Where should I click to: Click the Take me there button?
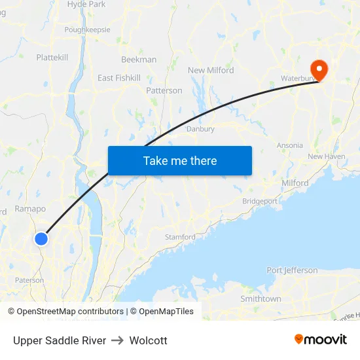180,160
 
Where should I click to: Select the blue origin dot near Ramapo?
41,239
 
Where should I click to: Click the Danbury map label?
200,129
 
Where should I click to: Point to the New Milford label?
211,71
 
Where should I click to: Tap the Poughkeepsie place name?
87,29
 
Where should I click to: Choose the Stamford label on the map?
180,237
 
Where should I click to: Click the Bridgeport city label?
260,201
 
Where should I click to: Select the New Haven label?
326,156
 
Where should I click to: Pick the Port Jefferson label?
292,270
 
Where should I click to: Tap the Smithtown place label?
261,298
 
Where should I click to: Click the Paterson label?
29,280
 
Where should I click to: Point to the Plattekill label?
52,58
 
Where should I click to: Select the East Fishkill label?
118,78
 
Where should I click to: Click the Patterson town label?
164,90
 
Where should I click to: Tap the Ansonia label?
290,145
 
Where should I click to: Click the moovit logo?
321,340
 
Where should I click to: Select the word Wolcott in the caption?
149,340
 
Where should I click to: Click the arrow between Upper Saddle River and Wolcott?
118,340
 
